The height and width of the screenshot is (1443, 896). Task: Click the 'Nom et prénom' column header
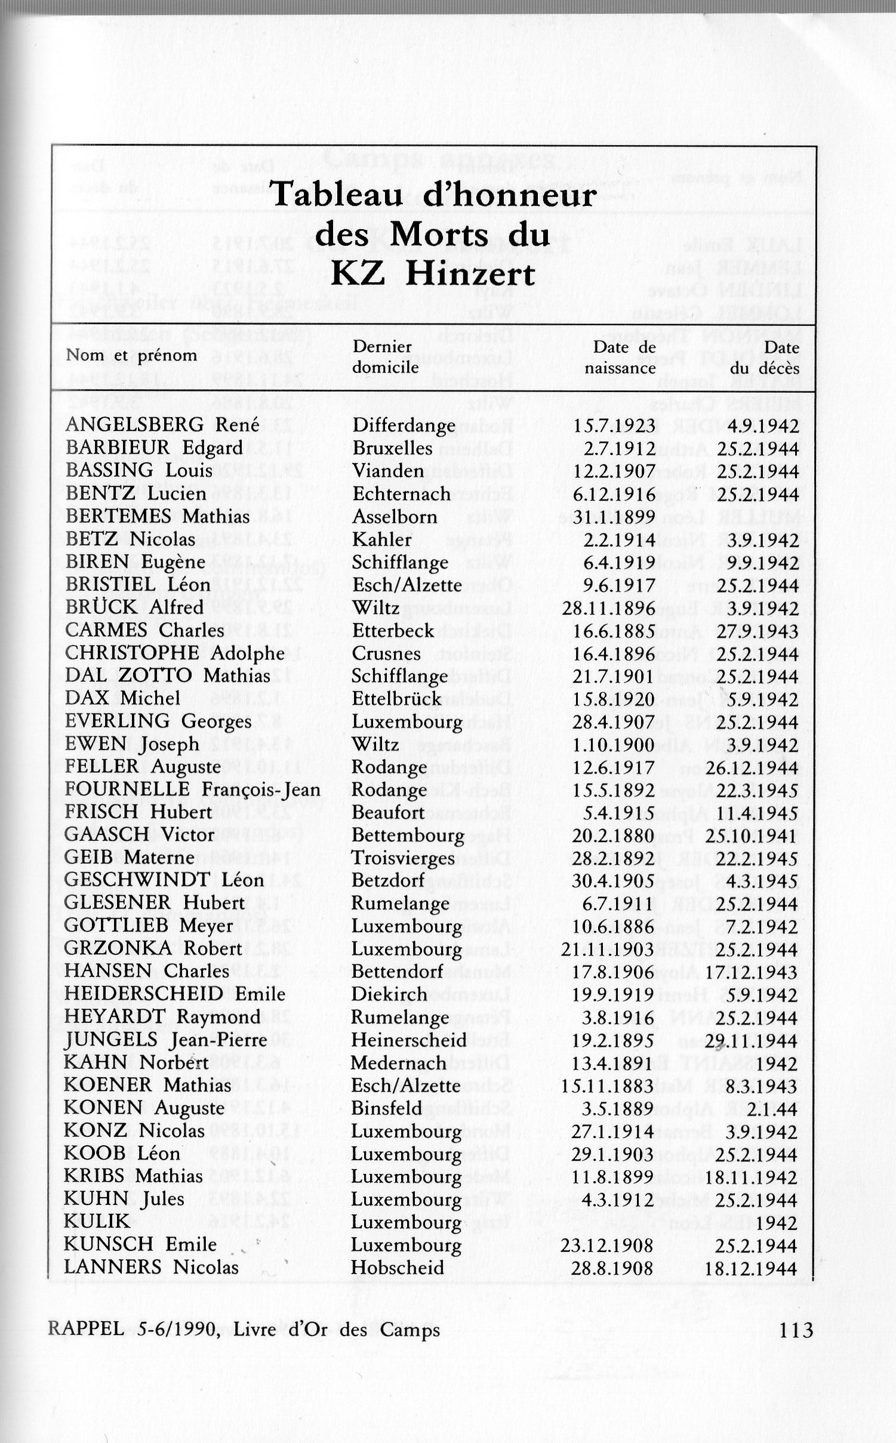tap(131, 355)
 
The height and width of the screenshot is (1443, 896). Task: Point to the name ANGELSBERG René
tap(162, 425)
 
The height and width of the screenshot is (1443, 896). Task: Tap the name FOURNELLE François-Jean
tap(193, 790)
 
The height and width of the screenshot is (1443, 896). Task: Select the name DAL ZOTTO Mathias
tap(168, 676)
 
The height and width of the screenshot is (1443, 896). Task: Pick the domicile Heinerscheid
tap(409, 1040)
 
